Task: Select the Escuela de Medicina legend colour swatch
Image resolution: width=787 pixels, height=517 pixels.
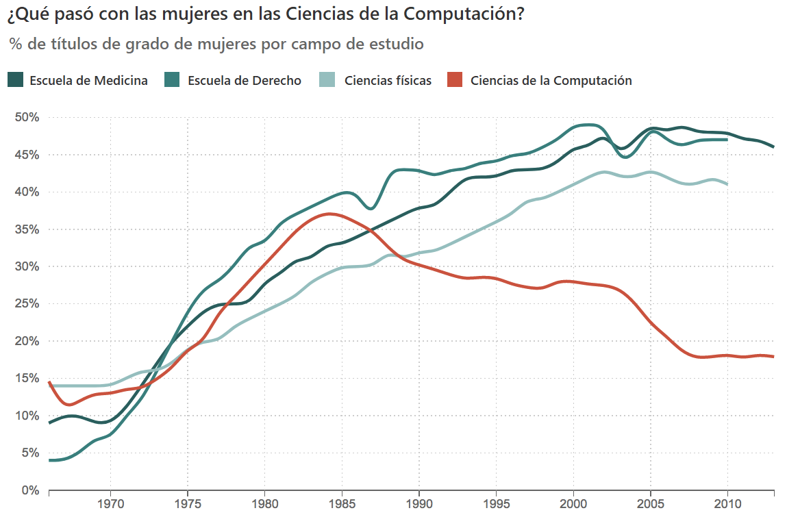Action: click(x=16, y=80)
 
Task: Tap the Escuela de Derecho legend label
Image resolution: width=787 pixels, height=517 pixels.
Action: click(x=244, y=81)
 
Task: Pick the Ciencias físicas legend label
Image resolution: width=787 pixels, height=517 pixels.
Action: click(x=388, y=81)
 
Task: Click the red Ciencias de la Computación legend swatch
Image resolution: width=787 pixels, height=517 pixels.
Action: click(x=454, y=80)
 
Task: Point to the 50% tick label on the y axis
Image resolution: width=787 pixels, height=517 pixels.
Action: click(x=27, y=118)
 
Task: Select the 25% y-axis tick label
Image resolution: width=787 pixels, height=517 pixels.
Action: click(x=27, y=304)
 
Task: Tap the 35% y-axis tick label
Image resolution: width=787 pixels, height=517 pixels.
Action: click(x=27, y=229)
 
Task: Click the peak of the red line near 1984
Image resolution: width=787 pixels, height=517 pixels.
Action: click(x=330, y=214)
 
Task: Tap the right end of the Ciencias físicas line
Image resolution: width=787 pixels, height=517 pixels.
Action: click(x=727, y=184)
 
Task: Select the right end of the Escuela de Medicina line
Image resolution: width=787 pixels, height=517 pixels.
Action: click(x=773, y=147)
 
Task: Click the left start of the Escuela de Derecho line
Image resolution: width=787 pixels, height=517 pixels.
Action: click(x=50, y=460)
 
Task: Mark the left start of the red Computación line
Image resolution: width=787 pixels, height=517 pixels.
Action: click(x=50, y=382)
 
